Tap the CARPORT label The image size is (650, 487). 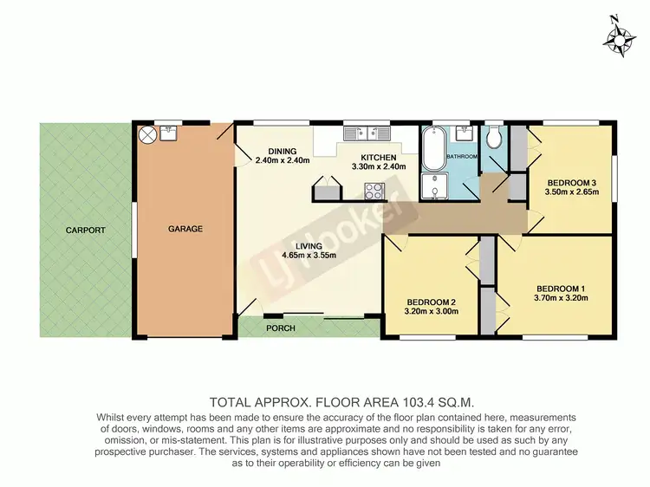(85, 231)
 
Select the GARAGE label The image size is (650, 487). (185, 230)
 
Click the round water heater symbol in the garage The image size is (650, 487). (148, 134)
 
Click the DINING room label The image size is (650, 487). (283, 149)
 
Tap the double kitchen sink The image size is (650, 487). (367, 133)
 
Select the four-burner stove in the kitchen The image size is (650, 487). (374, 191)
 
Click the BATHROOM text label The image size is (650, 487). (461, 156)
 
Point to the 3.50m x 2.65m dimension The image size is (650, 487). (572, 193)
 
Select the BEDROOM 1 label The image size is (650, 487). (562, 288)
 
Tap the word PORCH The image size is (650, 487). (280, 328)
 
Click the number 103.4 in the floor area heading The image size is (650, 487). (386, 402)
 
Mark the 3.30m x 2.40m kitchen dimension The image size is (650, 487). (379, 166)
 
